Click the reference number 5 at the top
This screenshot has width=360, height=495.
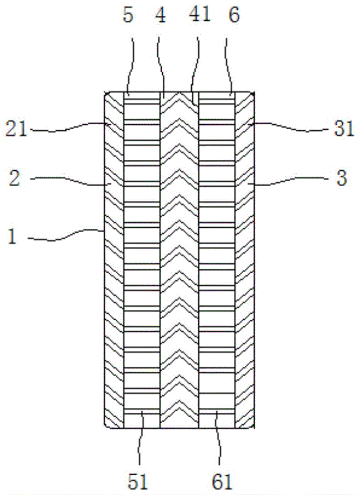pos(128,15)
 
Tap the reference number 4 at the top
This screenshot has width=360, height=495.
pos(161,15)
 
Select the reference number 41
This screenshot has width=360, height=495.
pos(200,14)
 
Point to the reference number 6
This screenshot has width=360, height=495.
pos(234,15)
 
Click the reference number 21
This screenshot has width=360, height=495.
pos(16,129)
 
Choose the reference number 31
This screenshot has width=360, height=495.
pos(344,129)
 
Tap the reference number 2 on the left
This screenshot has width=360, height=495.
pos(14,178)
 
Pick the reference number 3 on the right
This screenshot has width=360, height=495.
pos(342,178)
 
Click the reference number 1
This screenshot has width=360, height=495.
pos(12,237)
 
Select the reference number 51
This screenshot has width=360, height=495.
pos(138,482)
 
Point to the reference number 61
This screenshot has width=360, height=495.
pos(222,482)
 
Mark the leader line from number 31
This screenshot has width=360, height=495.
pos(289,127)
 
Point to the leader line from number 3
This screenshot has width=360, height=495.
pos(289,181)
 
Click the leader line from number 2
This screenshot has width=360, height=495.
pos(71,181)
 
